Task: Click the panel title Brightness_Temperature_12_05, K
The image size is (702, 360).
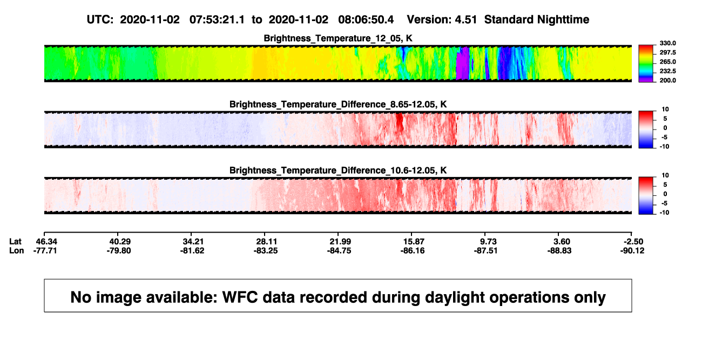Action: tap(338, 38)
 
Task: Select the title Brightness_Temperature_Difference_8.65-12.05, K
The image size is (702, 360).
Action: tap(338, 104)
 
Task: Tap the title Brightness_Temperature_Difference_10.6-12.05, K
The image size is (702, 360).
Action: tap(338, 171)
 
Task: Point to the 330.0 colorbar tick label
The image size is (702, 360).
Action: tap(667, 43)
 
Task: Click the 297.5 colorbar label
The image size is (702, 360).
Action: tap(667, 52)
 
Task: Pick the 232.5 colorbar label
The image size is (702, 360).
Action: tap(667, 71)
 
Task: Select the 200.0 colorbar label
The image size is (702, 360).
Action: tap(667, 80)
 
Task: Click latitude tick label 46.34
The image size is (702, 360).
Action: tap(46, 242)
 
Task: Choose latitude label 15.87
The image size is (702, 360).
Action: tap(414, 242)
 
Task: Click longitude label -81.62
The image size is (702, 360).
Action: tap(192, 250)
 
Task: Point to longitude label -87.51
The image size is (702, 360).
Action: tap(486, 250)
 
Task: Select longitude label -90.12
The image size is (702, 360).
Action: tap(632, 250)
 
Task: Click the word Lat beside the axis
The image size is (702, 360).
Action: tap(15, 242)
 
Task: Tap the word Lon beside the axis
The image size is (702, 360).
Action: tap(17, 250)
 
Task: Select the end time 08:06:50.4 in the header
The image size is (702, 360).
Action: tap(366, 19)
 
